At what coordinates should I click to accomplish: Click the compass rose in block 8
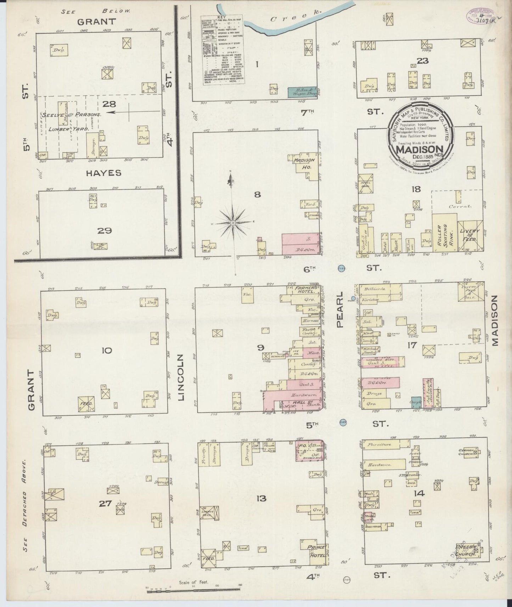pyautogui.click(x=233, y=223)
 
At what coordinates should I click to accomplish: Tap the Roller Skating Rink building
pyautogui.click(x=444, y=233)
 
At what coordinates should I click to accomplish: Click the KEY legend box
pyautogui.click(x=223, y=50)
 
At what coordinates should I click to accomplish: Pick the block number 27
pyautogui.click(x=105, y=503)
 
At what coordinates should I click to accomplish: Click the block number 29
pyautogui.click(x=105, y=231)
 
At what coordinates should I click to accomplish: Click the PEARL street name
pyautogui.click(x=340, y=310)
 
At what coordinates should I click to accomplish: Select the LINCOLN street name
pyautogui.click(x=182, y=377)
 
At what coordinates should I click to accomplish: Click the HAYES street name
pyautogui.click(x=104, y=173)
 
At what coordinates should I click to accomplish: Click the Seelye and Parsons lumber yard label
pyautogui.click(x=72, y=115)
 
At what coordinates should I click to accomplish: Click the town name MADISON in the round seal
pyautogui.click(x=420, y=149)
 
